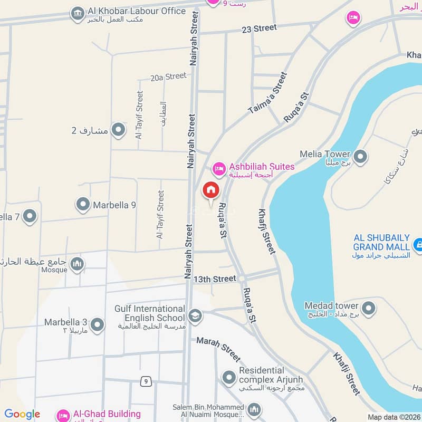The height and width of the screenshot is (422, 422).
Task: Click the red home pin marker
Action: point(210,190)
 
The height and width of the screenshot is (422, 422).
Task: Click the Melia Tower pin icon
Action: point(360,157)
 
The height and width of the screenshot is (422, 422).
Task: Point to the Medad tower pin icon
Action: point(368,308)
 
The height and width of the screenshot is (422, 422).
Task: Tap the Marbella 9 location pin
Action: point(83,205)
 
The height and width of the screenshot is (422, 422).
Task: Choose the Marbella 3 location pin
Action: point(97,325)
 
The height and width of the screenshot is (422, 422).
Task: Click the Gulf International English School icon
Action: point(195,315)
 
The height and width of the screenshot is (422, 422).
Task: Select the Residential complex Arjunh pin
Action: point(228,377)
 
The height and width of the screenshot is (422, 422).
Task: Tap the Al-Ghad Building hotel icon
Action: point(63,415)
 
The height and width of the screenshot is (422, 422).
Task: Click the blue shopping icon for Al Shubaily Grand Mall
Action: point(418,244)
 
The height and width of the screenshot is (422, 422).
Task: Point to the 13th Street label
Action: point(214,279)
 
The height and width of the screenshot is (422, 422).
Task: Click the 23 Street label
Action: point(258,28)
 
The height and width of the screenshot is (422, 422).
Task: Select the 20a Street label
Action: point(168,77)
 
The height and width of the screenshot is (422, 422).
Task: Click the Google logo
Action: point(22,415)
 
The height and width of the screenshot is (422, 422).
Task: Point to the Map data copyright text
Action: point(394,417)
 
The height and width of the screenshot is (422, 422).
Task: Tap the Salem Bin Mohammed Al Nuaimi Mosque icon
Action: point(254,410)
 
